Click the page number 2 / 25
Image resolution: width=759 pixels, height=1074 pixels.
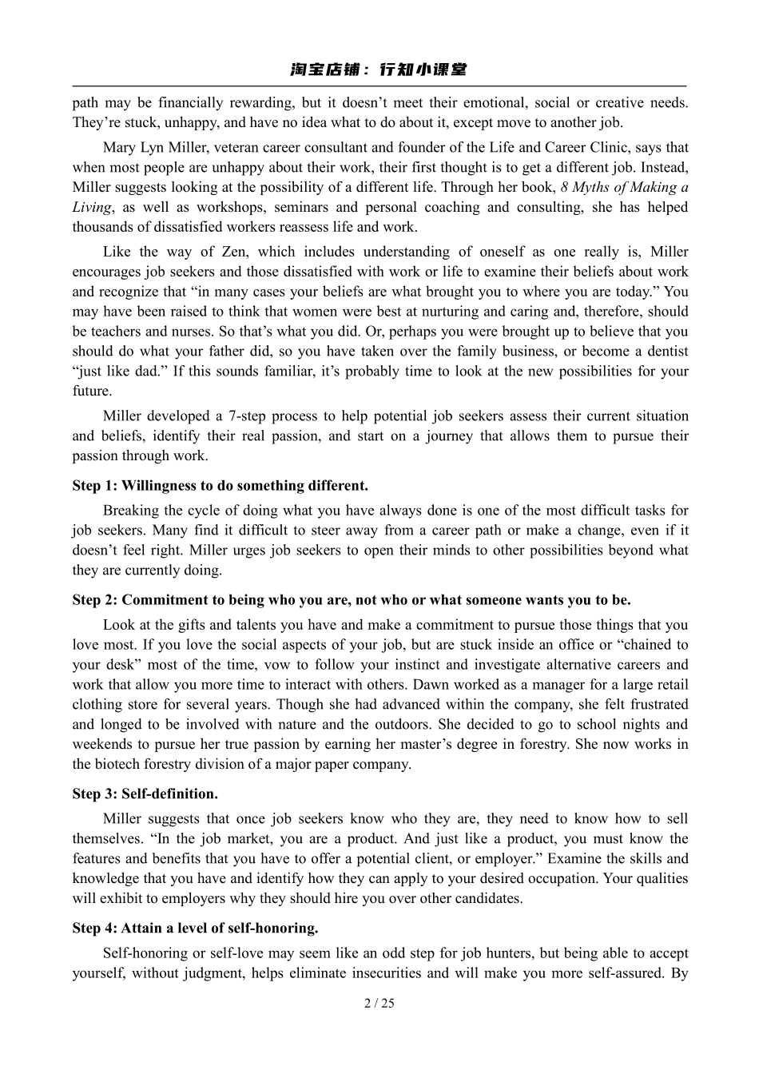[x=379, y=1003]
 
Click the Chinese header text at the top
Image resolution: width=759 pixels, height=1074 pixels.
[x=379, y=70]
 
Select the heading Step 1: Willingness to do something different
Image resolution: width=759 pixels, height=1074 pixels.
[x=221, y=486]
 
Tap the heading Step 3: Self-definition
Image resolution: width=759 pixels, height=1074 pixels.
[x=145, y=794]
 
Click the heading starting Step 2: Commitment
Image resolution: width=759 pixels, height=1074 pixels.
[x=351, y=600]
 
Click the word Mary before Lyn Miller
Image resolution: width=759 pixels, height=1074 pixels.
[x=120, y=148]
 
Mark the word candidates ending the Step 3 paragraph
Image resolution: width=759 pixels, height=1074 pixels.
[x=489, y=898]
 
